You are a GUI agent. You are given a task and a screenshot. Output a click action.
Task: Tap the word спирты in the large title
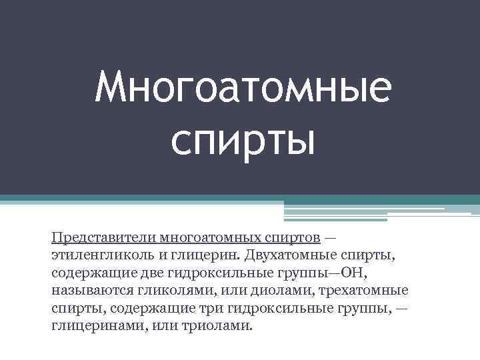click(241, 139)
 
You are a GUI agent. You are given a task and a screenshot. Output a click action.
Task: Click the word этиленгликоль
click(97, 256)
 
